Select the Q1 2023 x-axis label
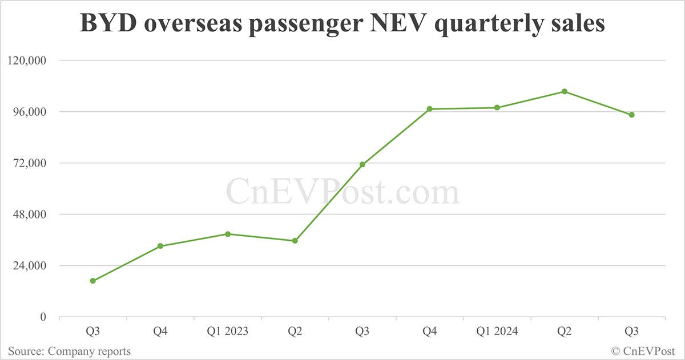tap(228, 331)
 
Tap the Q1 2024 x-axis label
tap(497, 331)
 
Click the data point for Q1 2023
tap(228, 234)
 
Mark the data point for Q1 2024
tap(497, 107)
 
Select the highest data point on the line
tap(565, 91)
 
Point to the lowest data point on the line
tap(93, 281)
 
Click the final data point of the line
tap(632, 115)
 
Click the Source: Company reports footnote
tap(69, 351)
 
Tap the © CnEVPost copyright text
tap(643, 351)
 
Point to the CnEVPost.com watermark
tap(342, 192)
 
